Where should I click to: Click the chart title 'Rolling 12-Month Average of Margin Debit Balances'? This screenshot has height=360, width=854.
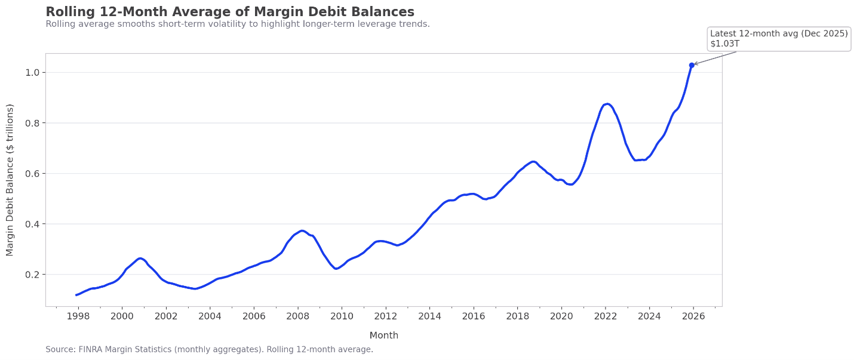(x=230, y=12)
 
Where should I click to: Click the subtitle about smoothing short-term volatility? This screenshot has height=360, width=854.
(x=238, y=24)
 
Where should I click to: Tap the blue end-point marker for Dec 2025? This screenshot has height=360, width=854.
(x=692, y=65)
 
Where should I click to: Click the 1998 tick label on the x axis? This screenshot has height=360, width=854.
(x=78, y=316)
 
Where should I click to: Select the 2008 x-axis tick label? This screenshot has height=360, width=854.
(x=297, y=316)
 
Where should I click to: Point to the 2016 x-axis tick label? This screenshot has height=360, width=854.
(x=474, y=316)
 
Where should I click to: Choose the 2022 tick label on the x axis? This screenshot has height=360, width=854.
(x=605, y=316)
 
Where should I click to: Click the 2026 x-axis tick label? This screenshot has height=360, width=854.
(x=693, y=316)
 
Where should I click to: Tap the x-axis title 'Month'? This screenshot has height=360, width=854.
(x=383, y=336)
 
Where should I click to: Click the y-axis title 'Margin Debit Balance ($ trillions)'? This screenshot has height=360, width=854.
(x=10, y=180)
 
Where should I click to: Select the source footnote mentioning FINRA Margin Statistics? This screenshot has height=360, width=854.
(x=209, y=350)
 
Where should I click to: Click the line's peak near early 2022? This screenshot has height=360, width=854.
(x=607, y=104)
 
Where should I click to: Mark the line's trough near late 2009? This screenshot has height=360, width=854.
(x=336, y=269)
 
